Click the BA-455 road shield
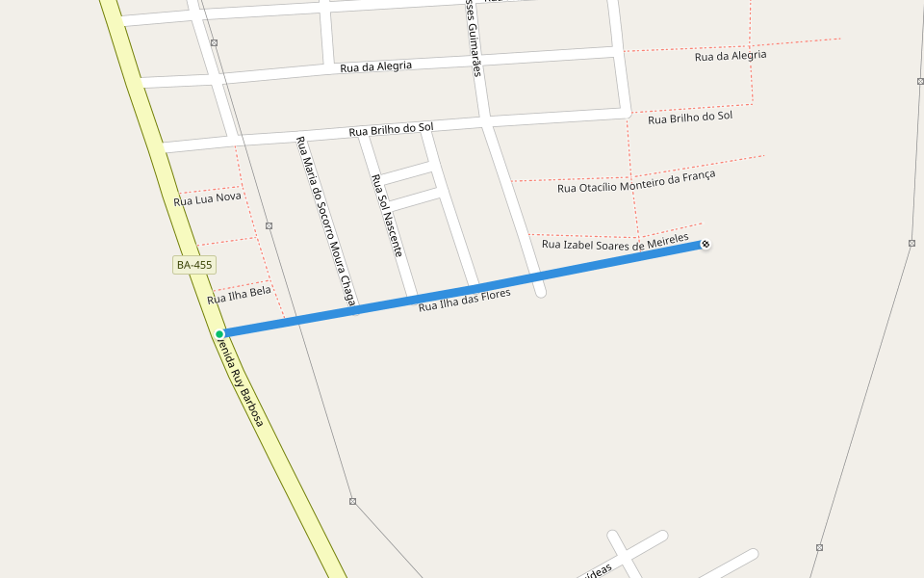pos(193,264)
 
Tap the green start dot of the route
pos(219,334)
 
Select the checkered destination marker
pos(706,245)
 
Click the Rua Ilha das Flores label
pos(464,300)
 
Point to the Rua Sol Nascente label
pos(386,215)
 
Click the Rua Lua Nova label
pos(207,199)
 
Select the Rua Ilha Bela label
pos(239,295)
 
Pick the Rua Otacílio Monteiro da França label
pos(636,181)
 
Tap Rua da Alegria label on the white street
pos(375,66)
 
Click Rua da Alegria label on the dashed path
pos(731,56)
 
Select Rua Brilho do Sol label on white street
pos(391,129)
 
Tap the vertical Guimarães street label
pos(474,39)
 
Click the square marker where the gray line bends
pos(353,501)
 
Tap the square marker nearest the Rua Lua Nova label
pos(269,225)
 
